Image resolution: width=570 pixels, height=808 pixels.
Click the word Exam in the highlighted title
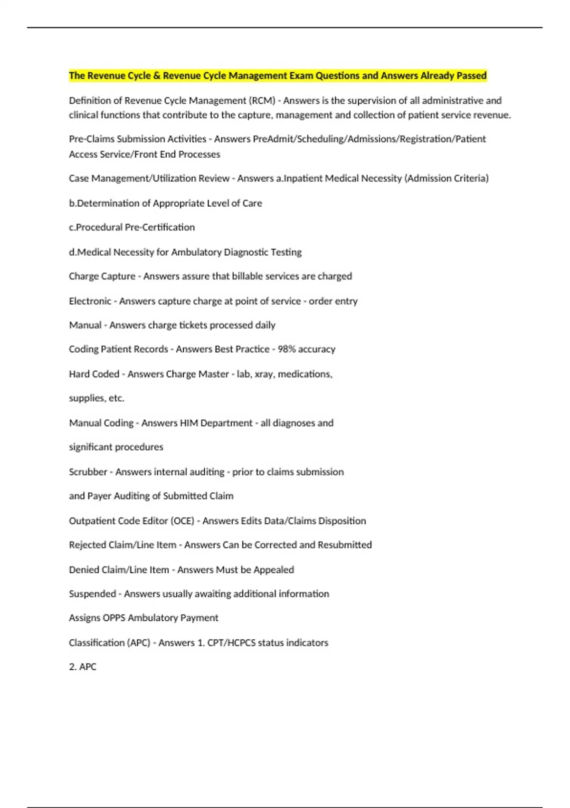[302, 76]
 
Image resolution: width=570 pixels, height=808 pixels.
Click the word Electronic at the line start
[90, 301]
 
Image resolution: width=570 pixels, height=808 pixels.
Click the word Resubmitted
[344, 545]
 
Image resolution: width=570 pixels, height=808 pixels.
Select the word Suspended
[92, 594]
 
